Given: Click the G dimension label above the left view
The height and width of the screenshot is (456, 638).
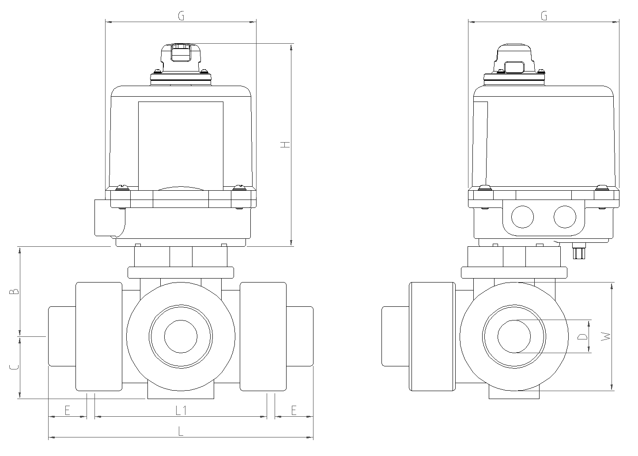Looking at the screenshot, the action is tap(181, 15).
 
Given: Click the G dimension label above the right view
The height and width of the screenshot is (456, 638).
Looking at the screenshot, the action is tap(544, 15).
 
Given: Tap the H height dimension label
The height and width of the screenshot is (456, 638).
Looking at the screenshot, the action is tap(285, 144).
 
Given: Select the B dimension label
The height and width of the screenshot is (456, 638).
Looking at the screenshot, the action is tap(14, 291).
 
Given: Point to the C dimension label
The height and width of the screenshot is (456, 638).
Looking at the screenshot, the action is tap(14, 367).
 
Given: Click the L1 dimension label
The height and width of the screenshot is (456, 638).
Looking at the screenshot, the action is tap(181, 411).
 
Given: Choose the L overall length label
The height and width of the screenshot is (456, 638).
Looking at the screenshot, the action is tap(181, 431).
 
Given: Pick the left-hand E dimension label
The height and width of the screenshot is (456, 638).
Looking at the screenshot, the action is tap(67, 411).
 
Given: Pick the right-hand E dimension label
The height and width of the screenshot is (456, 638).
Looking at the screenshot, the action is tap(294, 411).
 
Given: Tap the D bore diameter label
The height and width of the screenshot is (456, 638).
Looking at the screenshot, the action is tap(582, 336).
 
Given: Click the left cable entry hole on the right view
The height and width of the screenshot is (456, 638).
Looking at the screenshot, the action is tap(522, 217).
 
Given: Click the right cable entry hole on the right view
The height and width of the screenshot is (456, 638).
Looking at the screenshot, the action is tap(565, 217).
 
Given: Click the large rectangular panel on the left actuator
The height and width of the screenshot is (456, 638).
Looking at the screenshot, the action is tap(181, 146).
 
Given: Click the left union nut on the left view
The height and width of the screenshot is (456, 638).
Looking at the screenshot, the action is tap(99, 336).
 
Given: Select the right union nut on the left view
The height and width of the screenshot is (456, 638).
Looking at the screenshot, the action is tap(263, 336).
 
